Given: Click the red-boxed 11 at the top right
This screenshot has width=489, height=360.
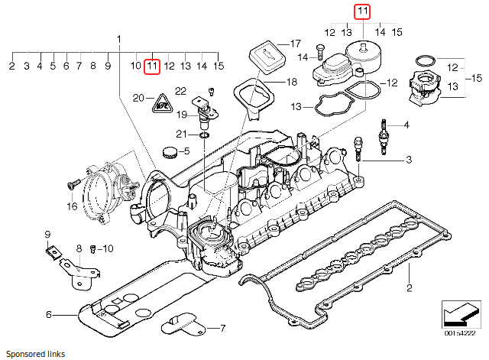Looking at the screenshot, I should (x=361, y=11).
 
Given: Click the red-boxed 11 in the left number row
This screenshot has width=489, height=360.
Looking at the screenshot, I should (x=152, y=66).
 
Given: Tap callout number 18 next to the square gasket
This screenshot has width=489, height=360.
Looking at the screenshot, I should (x=291, y=82).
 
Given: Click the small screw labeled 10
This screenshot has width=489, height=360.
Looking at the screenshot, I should (x=92, y=248).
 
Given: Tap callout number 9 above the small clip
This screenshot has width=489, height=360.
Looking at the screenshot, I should (x=47, y=234).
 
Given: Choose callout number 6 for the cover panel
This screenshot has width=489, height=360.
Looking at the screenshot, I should (x=47, y=314).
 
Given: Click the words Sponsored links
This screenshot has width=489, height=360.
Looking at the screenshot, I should (x=33, y=354).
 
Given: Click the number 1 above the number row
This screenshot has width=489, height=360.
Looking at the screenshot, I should (x=118, y=38).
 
